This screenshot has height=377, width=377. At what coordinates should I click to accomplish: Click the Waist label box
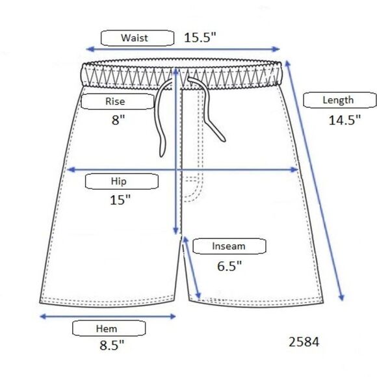(x=137, y=38)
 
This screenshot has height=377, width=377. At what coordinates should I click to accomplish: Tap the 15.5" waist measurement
(x=200, y=38)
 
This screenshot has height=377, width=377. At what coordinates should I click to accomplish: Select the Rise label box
(x=118, y=101)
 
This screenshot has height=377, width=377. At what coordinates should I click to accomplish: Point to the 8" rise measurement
(x=118, y=120)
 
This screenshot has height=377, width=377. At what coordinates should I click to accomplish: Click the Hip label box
(x=122, y=181)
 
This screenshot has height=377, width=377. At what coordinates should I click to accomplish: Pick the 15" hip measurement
(x=120, y=200)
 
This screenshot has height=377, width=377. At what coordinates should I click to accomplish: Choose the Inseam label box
(x=229, y=246)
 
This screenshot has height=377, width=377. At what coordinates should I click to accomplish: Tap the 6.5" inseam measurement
(x=229, y=266)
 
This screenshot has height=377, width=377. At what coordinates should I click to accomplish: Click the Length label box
(x=340, y=100)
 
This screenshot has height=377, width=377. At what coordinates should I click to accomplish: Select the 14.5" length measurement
(x=344, y=120)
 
